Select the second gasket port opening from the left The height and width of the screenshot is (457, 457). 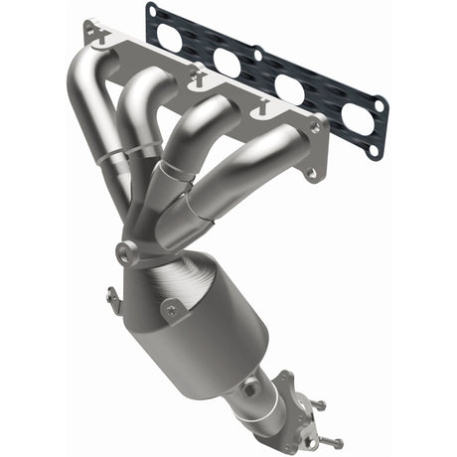(x=227, y=63)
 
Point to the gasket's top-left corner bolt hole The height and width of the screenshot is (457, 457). (x=151, y=12)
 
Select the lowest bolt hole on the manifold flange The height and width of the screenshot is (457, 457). (x=311, y=175)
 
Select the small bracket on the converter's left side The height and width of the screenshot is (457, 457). (x=112, y=295)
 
